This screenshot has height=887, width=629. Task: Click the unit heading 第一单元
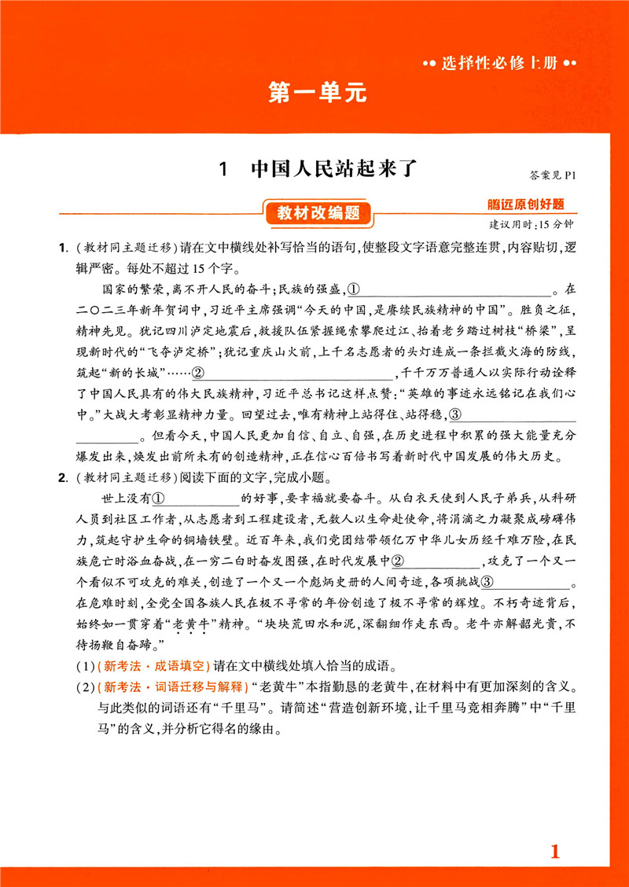click(318, 93)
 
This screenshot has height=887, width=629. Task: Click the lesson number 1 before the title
click(224, 169)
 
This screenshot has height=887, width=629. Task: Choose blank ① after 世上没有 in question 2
click(196, 499)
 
